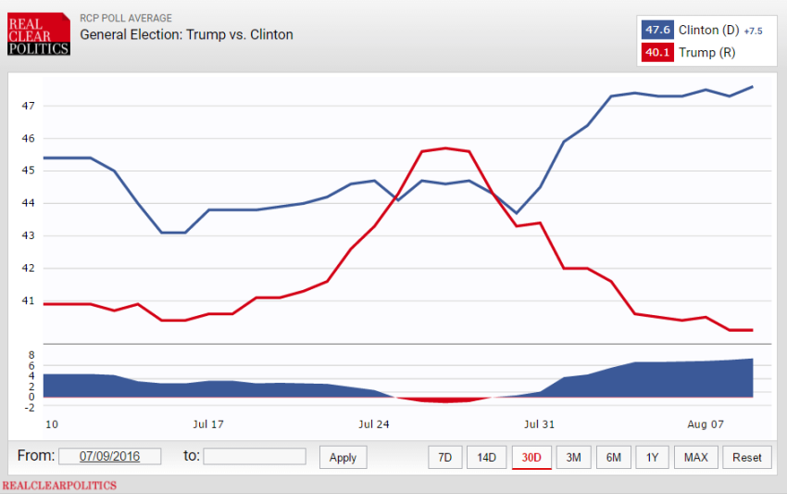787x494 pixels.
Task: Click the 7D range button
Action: click(x=444, y=457)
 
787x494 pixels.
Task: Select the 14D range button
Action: click(x=487, y=457)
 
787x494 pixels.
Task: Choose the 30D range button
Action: click(x=531, y=457)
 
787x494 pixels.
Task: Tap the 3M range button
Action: click(x=574, y=457)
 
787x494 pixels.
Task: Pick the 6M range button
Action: click(x=614, y=457)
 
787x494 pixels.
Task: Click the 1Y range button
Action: click(x=653, y=457)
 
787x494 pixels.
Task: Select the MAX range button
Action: click(x=696, y=457)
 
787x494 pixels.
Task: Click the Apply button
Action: click(x=343, y=457)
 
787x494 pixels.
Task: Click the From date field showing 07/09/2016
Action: click(x=109, y=456)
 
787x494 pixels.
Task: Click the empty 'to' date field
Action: click(x=255, y=456)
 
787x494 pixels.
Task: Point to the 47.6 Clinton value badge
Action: click(x=657, y=30)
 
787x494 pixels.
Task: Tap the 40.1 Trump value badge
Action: click(x=657, y=53)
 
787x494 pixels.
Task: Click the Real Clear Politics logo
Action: click(x=38, y=34)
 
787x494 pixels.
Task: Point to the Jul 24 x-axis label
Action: click(x=374, y=424)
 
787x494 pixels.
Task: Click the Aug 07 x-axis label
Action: click(x=706, y=424)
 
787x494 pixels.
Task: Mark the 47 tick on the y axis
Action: click(x=28, y=106)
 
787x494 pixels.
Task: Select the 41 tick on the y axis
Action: click(x=28, y=300)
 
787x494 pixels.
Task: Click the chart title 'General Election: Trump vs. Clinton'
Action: click(x=186, y=35)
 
